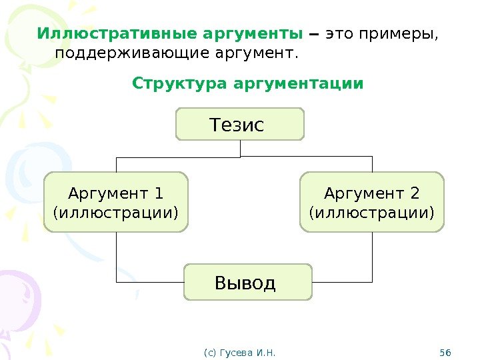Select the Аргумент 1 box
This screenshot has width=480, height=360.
tap(116, 203)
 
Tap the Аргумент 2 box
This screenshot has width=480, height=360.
tap(372, 203)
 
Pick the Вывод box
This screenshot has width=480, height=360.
tap(247, 282)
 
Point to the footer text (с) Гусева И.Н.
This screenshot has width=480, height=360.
tap(239, 351)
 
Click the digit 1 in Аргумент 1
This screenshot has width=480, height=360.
tap(159, 193)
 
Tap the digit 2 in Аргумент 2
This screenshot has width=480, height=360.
tap(415, 193)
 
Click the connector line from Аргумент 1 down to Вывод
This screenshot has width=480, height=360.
tap(116, 257)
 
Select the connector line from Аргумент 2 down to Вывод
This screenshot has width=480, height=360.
tap(372, 257)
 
